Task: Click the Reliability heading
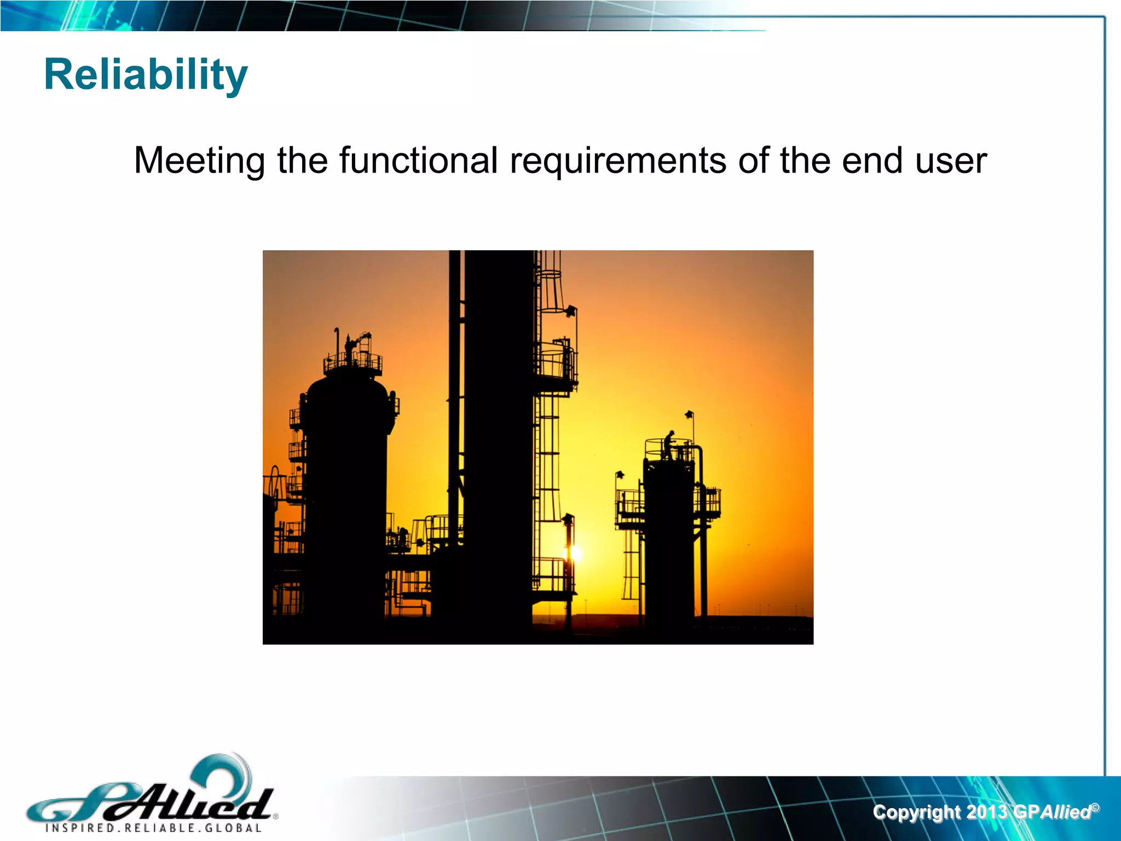pos(146,75)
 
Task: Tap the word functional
pos(418,160)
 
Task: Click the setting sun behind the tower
pos(575,554)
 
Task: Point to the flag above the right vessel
pos(690,414)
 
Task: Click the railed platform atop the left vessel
pos(353,362)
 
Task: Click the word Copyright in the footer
pos(916,811)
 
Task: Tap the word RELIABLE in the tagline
pos(158,828)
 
